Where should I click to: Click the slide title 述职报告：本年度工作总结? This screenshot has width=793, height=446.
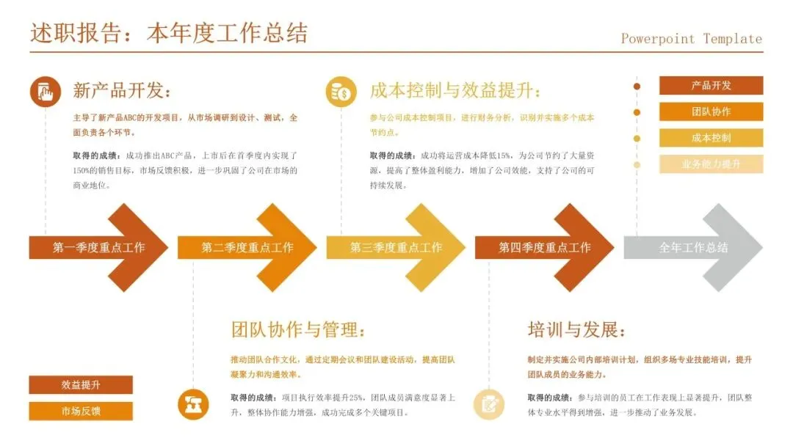click(x=169, y=34)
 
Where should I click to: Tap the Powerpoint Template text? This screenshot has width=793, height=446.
click(x=691, y=39)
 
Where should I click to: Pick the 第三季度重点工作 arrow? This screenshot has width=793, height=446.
click(x=396, y=248)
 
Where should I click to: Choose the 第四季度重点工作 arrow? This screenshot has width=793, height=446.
click(x=545, y=248)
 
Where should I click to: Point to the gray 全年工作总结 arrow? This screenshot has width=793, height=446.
click(x=693, y=248)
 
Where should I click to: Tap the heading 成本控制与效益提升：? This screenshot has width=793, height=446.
click(x=455, y=91)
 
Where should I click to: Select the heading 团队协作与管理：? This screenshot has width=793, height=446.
click(x=297, y=329)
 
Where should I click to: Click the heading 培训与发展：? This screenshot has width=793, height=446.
click(x=577, y=329)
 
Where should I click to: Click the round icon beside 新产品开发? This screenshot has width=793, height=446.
click(x=46, y=92)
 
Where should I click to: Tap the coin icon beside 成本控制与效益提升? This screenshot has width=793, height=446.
click(x=341, y=92)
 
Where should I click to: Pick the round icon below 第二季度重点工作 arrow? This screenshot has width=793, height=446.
click(x=193, y=404)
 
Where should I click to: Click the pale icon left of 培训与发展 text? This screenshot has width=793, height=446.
click(x=488, y=404)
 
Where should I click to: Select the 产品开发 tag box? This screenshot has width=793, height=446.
click(x=711, y=86)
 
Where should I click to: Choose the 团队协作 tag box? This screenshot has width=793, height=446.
click(x=711, y=111)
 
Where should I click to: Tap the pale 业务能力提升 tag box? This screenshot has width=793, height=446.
click(x=711, y=164)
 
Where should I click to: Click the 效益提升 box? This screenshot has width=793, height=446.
click(x=81, y=385)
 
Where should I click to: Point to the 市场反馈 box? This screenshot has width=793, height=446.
click(x=81, y=411)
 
